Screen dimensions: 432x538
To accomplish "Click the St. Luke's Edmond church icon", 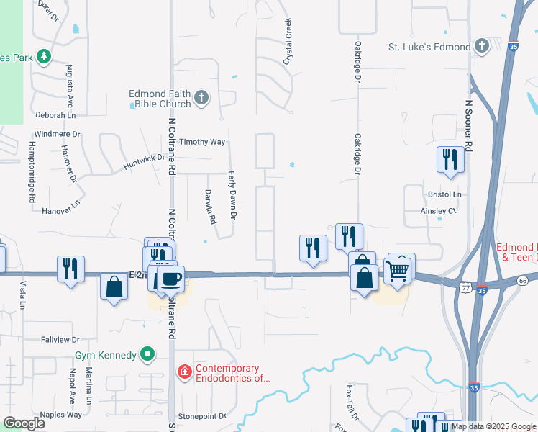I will pos(482,47).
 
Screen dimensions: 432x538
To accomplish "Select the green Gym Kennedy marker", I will pos(147,355).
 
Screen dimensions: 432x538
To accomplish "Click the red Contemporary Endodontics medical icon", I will pos(185,372).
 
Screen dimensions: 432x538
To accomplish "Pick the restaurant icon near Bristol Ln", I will pos(451,159).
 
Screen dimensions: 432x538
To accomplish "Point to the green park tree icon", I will pos(44,55).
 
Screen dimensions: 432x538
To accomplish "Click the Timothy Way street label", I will pos(202,142).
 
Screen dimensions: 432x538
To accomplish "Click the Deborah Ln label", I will pos(56,115).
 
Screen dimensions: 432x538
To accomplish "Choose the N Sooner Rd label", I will pos(468,125).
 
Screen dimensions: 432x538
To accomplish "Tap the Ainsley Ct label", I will pos(439,211).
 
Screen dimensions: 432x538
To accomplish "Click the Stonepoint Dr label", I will pos(201,416).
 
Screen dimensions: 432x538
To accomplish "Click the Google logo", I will pos(24,423).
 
